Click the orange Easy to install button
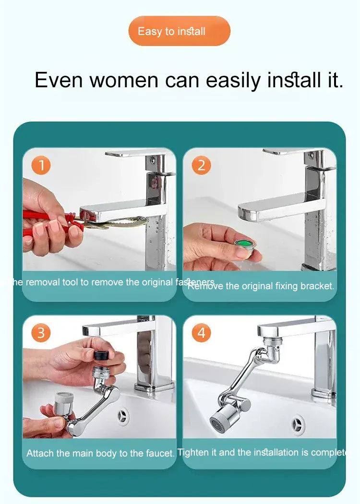point(179,32)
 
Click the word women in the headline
point(123,80)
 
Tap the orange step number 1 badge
point(41,165)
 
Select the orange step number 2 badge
point(201,165)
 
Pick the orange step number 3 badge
point(41,332)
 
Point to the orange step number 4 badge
point(201,332)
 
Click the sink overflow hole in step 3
point(123,417)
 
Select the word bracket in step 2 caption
point(317,286)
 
